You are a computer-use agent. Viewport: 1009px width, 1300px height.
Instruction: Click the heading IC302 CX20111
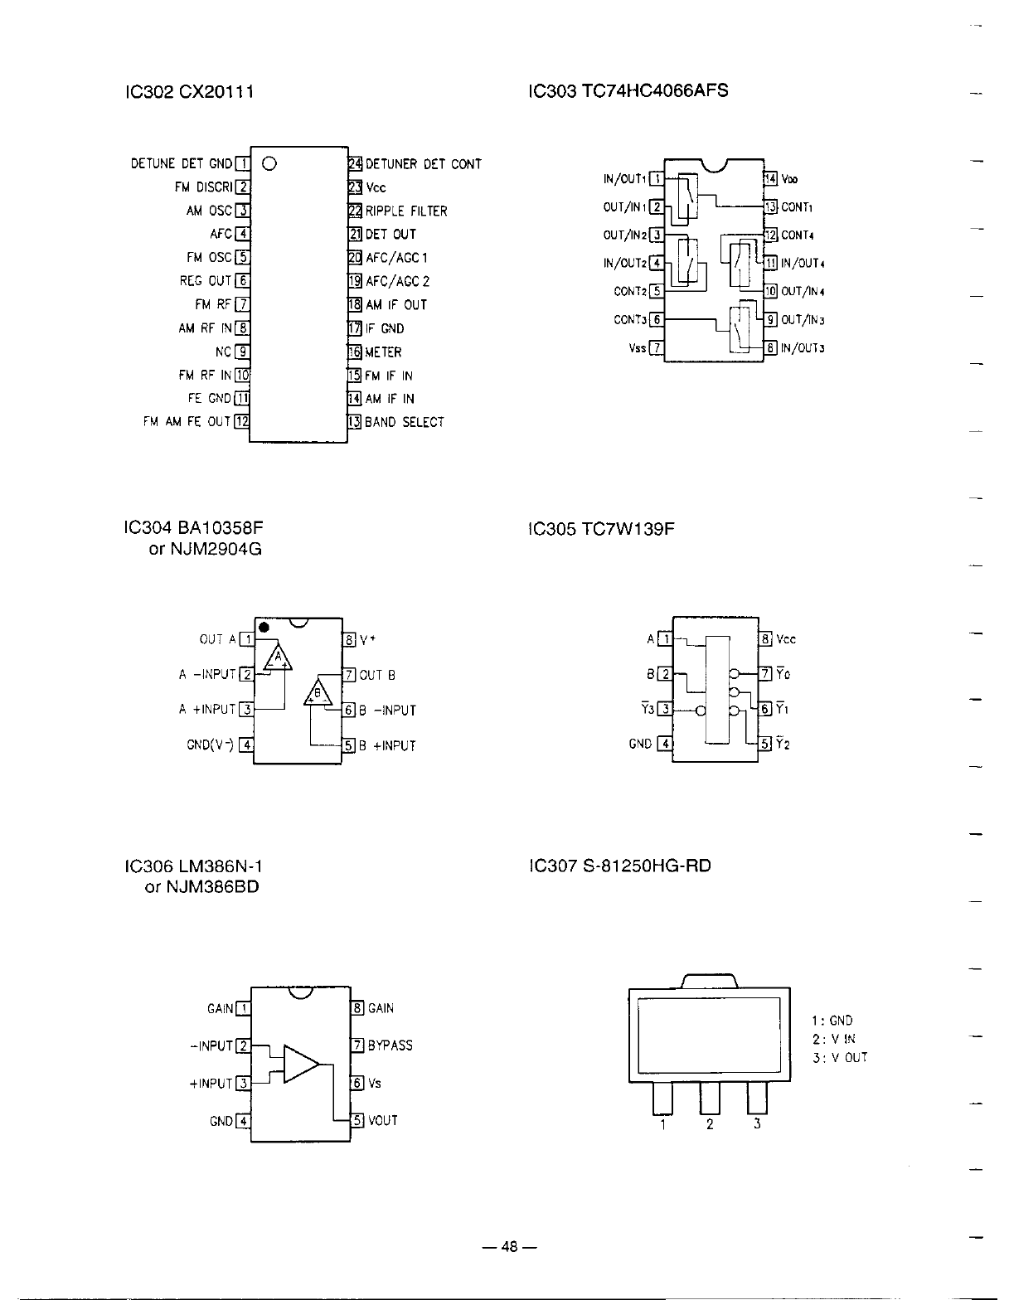(187, 91)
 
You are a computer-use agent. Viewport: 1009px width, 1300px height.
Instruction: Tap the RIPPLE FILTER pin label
(406, 211)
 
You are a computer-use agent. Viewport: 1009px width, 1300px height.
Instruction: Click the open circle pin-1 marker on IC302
(269, 163)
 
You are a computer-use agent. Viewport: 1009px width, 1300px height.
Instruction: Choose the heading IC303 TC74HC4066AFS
(628, 90)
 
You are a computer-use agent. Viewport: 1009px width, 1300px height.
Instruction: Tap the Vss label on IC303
(636, 348)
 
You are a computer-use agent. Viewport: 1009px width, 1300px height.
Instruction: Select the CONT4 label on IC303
(797, 235)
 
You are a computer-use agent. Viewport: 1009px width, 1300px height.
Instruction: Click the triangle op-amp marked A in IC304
(278, 658)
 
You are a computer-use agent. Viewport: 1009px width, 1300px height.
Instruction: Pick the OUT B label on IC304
(376, 675)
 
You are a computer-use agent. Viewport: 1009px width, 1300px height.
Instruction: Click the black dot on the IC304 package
(263, 627)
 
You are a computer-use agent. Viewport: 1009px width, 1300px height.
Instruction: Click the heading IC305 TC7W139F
(601, 529)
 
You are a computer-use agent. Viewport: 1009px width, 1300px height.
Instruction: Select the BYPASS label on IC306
(390, 1045)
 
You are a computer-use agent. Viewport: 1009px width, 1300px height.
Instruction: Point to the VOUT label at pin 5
(383, 1120)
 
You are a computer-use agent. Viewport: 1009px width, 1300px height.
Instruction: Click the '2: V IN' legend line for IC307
(834, 1039)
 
